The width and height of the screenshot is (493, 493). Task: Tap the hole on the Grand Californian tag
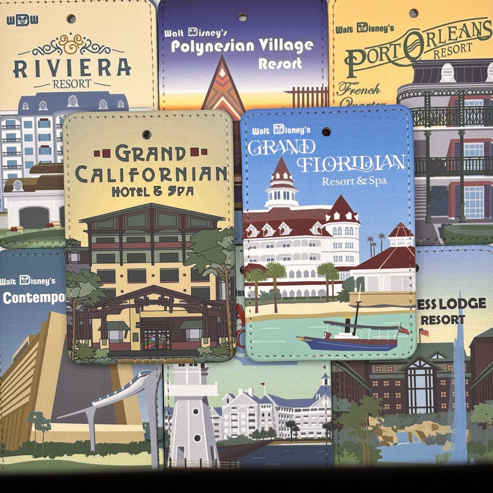click(x=147, y=134)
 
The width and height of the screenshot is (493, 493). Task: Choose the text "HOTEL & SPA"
click(x=153, y=192)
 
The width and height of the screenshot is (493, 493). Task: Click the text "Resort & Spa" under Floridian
click(x=354, y=181)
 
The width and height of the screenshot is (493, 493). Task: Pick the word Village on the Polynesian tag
click(x=286, y=46)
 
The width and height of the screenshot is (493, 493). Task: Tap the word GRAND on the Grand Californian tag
click(x=151, y=153)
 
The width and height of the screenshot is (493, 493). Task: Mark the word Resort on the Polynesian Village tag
click(x=280, y=64)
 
